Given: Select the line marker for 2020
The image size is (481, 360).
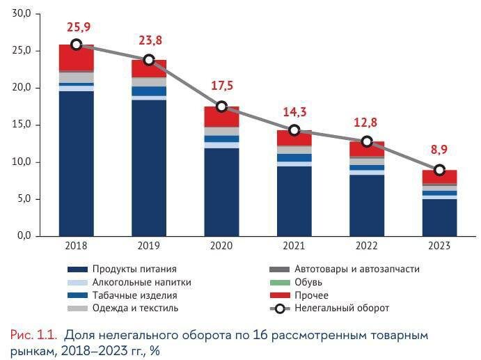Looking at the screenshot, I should click(221, 107).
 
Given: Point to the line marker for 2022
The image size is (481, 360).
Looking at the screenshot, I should click(367, 141).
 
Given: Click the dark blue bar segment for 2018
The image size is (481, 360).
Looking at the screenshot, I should click(77, 164).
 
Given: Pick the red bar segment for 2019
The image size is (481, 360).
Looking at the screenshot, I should click(149, 68).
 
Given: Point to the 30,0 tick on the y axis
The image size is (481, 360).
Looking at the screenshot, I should click(22, 14).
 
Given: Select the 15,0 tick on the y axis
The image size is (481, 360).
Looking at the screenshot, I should click(22, 125).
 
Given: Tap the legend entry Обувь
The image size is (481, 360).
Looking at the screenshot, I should click(308, 282).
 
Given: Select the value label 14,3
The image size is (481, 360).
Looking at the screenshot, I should click(294, 113).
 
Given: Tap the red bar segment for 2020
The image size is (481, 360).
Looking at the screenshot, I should click(221, 116).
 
